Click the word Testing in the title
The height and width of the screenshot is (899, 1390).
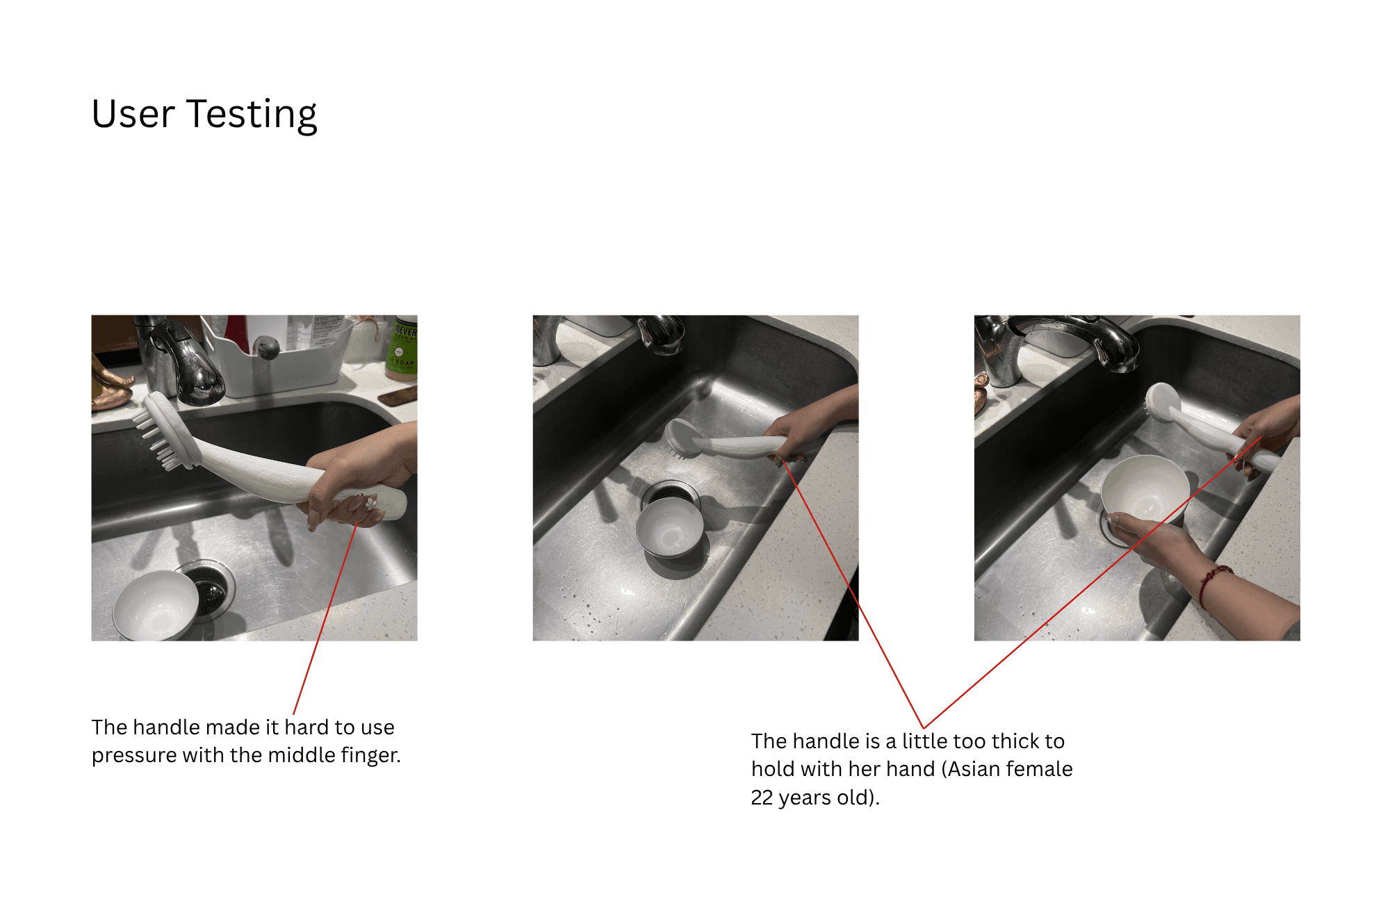point(252,115)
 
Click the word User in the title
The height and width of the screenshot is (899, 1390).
point(133,114)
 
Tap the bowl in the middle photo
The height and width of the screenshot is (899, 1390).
point(670,527)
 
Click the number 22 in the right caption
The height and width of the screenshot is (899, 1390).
point(762,798)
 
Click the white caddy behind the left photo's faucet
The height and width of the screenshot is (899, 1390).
point(278,358)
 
